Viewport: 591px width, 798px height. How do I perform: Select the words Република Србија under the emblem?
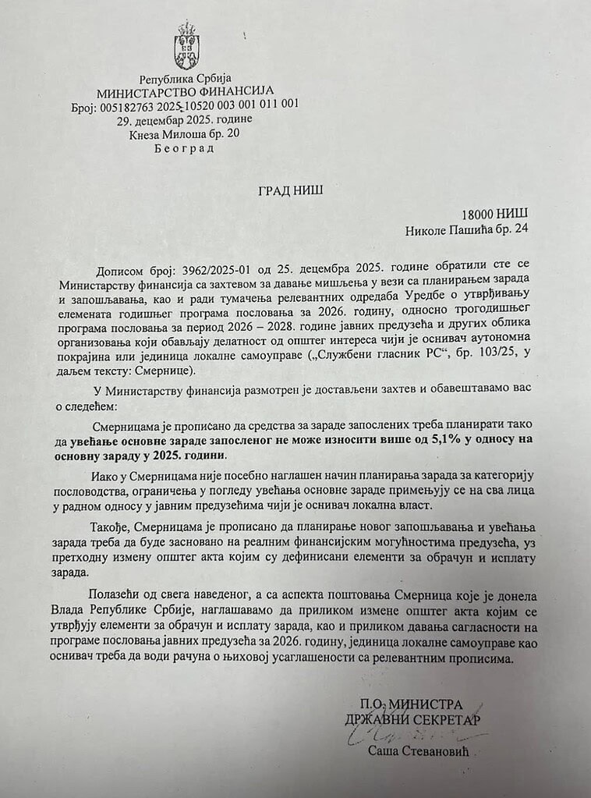click(186, 78)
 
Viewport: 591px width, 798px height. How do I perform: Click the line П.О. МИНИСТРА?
click(411, 703)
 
